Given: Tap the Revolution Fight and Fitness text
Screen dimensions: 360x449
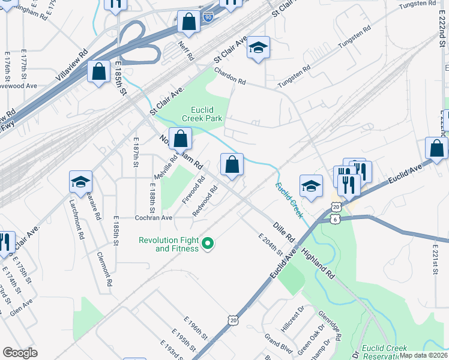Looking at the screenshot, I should click(x=168, y=244).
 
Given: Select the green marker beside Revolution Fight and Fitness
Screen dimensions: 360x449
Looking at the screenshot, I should click(x=208, y=244).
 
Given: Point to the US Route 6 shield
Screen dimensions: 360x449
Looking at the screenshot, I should click(x=334, y=220).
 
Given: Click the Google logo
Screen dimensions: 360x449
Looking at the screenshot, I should click(x=20, y=353).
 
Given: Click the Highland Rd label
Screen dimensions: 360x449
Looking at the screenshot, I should click(x=318, y=263).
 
